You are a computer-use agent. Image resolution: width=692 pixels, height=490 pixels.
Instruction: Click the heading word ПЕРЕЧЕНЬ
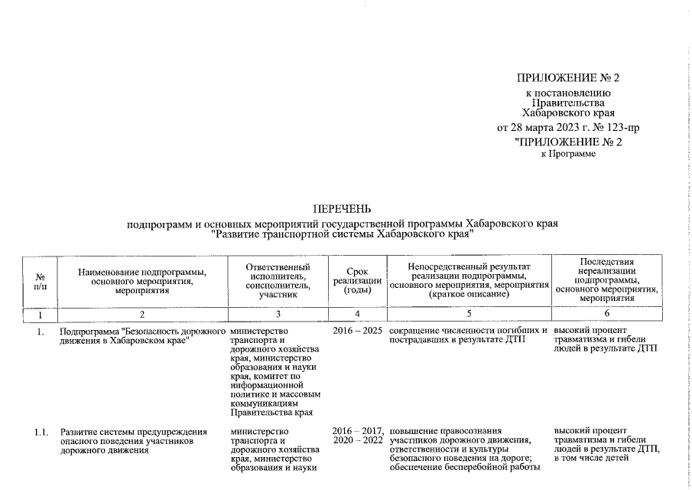(342, 208)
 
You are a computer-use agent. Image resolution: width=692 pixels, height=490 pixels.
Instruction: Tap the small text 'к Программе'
(568, 154)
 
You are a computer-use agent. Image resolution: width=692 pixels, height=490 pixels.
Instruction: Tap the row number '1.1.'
(41, 433)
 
